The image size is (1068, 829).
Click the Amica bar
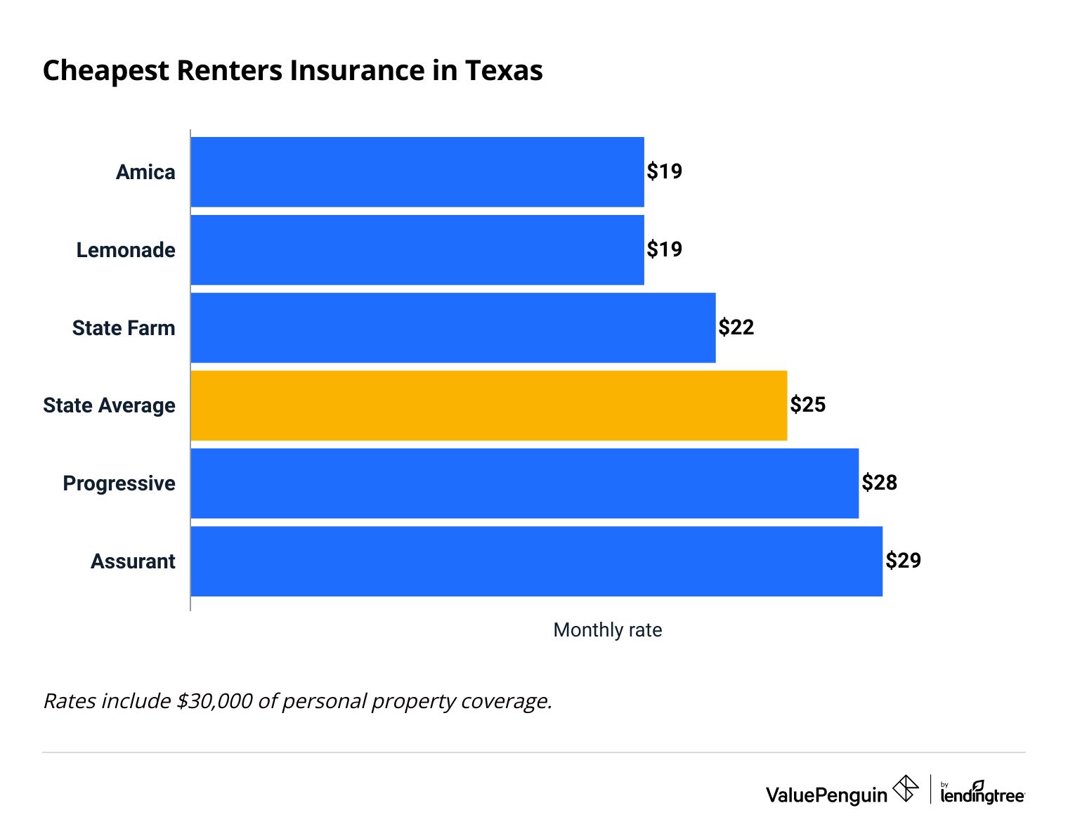[417, 172]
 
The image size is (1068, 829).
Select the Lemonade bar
[417, 250]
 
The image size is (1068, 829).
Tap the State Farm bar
[453, 328]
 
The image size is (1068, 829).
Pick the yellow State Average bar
[489, 406]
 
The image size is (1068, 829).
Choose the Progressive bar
[525, 484]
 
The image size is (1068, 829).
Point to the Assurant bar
[537, 561]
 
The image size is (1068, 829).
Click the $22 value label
[736, 327]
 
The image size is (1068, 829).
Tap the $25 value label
[808, 405]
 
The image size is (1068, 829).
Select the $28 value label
[880, 483]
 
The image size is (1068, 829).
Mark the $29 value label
[904, 561]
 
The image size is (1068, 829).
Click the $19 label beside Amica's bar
[665, 171]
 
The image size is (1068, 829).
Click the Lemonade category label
[126, 250]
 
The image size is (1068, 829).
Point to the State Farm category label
[124, 328]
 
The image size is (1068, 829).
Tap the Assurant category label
[133, 561]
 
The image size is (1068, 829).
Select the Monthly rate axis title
[608, 630]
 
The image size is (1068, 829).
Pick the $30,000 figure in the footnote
[214, 701]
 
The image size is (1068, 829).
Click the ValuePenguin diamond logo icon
[906, 789]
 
